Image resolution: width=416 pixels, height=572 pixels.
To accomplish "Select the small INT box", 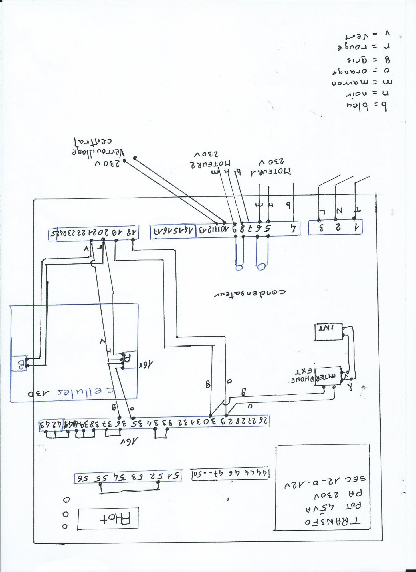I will coord(329,332).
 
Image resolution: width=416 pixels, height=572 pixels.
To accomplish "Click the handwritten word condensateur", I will coord(250,293).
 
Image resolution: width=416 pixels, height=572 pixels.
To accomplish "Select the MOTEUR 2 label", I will coord(210,164).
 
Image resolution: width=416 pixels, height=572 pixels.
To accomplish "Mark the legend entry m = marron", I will coord(362,83).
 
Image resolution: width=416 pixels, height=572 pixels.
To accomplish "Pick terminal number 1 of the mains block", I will coord(356,227).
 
